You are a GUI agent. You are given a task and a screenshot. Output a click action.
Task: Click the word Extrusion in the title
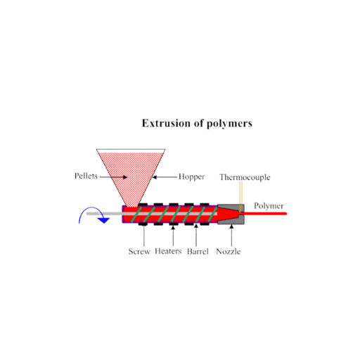tap(166, 123)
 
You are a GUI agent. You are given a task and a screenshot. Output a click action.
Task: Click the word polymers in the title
tap(229, 124)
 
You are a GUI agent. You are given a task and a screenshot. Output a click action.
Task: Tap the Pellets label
tap(86, 176)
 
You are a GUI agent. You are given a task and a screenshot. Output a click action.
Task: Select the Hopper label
tap(191, 177)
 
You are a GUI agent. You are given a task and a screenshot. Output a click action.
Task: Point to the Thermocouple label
tap(245, 177)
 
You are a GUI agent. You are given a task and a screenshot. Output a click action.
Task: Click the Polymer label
tap(269, 206)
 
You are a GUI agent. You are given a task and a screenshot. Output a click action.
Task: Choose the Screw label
tap(139, 252)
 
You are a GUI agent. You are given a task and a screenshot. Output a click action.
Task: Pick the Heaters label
tap(168, 251)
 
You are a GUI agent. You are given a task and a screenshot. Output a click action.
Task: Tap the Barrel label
tap(198, 252)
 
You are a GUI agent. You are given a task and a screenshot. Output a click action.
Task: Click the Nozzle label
tap(229, 252)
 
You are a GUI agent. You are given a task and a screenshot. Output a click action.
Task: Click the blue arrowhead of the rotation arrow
tap(103, 220)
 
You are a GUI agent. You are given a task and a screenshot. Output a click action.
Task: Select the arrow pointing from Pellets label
tap(113, 177)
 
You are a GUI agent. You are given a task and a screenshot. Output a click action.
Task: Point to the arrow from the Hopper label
tap(165, 177)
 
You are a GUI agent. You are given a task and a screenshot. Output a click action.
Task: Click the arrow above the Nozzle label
tap(231, 236)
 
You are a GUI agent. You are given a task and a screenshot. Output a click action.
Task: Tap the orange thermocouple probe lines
tap(240, 197)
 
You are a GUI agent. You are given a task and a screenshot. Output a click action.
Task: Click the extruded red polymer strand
tap(264, 214)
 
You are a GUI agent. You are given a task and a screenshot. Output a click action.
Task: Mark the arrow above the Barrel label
tap(196, 236)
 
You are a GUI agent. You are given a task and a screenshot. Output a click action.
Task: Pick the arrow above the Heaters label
tap(173, 236)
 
